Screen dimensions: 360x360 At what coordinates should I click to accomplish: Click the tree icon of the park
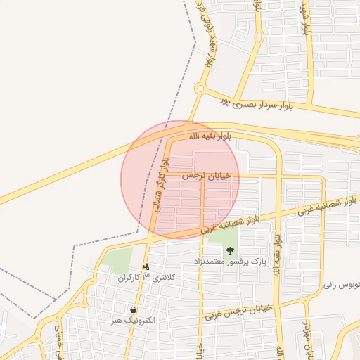(229, 250)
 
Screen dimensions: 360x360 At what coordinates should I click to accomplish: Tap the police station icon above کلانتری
(146, 267)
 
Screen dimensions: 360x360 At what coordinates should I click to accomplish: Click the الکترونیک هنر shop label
(134, 320)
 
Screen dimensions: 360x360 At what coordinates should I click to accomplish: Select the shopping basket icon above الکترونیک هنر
(133, 309)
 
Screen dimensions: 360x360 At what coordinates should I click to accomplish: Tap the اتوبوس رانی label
(342, 286)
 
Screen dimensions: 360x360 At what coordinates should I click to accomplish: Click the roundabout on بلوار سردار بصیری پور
(200, 89)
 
